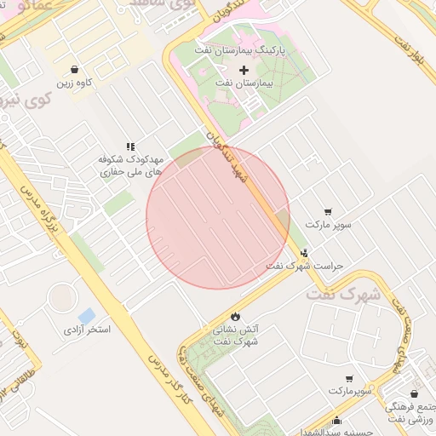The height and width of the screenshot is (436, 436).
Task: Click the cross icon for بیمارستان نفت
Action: [244, 70]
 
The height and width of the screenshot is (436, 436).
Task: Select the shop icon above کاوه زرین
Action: [76, 70]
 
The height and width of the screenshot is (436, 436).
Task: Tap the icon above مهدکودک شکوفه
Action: [130, 146]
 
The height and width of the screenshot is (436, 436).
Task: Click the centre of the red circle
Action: [218, 217]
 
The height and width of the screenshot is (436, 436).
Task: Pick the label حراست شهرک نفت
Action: [304, 266]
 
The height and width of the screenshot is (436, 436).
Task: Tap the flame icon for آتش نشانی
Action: [235, 316]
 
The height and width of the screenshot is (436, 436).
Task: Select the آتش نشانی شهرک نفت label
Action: [235, 335]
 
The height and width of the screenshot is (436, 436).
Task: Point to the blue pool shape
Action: [86, 317]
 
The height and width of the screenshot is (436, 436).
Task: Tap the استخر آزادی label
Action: [86, 329]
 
